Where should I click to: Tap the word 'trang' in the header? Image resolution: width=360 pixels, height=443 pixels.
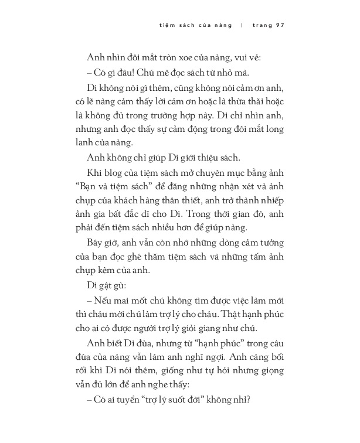pyautogui.click(x=260, y=26)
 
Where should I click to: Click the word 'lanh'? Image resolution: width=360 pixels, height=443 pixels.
pyautogui.click(x=97, y=143)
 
